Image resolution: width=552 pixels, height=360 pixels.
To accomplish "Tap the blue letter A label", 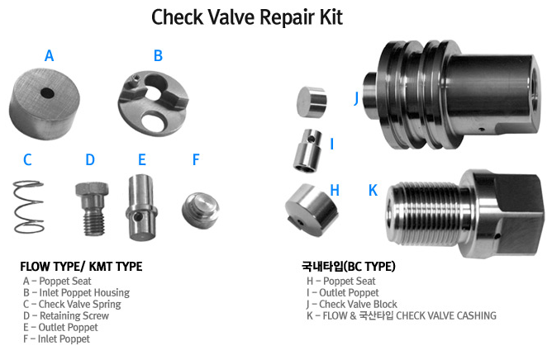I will click(49, 56).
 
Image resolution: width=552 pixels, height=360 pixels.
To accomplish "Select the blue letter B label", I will click(158, 56).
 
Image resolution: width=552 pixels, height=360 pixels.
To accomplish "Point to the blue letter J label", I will click(357, 97).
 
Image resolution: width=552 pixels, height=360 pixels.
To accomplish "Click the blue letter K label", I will click(373, 190).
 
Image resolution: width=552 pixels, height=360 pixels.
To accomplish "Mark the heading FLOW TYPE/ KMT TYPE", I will click(81, 267).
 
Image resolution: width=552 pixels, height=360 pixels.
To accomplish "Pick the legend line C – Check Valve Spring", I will click(72, 304).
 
